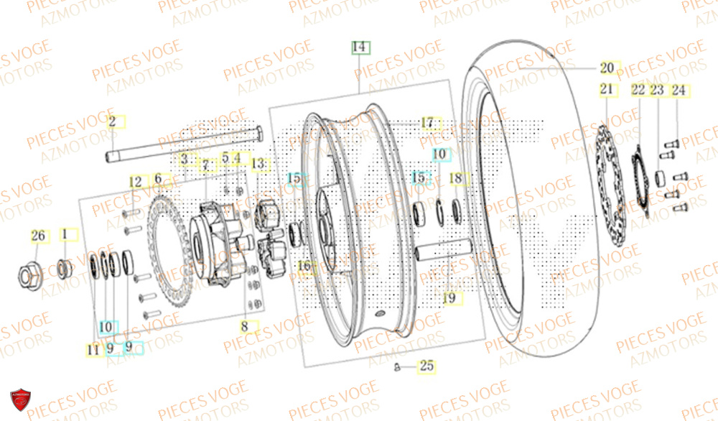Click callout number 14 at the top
pos(359,48)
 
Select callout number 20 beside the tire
pos(607,68)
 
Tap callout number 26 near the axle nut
pos(38,235)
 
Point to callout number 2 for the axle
pos(112,121)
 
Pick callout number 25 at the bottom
pos(427,366)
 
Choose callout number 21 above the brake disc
pos(607,90)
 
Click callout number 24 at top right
pos(679,91)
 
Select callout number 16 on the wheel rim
pos(304,267)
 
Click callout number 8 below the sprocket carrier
pos(244,326)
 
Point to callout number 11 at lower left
pos(93,350)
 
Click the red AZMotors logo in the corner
pos(21,402)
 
